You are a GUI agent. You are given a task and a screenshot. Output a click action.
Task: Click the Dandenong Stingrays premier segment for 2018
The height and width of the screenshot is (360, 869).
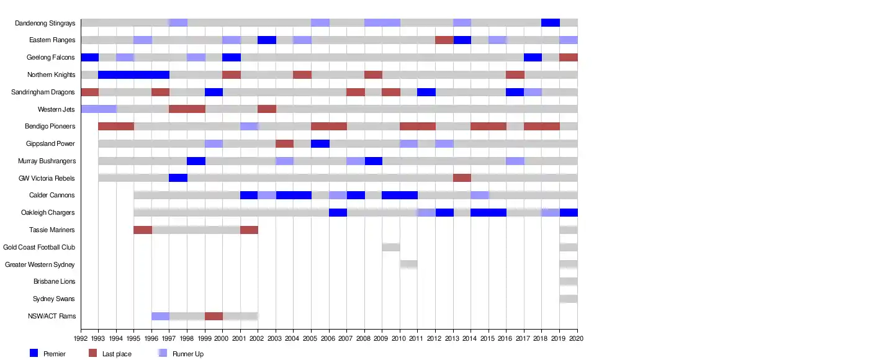click(550, 23)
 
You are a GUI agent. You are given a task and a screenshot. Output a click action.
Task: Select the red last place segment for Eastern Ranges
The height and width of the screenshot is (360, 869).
click(444, 40)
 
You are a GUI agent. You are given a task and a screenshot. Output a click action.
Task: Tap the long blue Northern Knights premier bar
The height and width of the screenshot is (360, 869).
click(133, 75)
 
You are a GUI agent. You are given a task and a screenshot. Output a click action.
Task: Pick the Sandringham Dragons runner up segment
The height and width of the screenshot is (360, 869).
click(533, 92)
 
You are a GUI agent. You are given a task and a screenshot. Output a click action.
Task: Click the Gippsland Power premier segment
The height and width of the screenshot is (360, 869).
click(320, 144)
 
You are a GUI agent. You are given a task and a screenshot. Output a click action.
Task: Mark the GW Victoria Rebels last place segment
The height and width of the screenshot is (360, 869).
click(462, 178)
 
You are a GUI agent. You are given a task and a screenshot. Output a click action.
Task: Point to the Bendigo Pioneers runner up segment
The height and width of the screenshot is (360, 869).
click(249, 127)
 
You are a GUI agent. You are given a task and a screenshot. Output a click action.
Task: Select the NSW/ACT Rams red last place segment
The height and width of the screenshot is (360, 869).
click(214, 316)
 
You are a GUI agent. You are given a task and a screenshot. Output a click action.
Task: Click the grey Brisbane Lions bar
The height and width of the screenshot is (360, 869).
click(568, 282)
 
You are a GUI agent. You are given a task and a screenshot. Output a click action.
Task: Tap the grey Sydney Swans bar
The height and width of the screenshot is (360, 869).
click(568, 299)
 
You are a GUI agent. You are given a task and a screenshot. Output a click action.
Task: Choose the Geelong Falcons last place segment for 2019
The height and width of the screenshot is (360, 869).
click(568, 58)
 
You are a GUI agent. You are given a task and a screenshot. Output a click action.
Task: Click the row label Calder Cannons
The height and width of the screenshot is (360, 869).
click(52, 196)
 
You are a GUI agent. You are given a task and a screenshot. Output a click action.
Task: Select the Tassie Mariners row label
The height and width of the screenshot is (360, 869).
click(52, 230)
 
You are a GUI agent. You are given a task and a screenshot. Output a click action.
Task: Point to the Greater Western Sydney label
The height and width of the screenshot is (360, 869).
click(40, 265)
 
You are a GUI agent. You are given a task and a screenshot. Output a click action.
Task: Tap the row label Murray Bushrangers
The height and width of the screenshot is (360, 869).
click(47, 161)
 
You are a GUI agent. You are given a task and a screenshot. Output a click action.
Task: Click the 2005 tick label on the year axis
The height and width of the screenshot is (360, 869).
click(311, 339)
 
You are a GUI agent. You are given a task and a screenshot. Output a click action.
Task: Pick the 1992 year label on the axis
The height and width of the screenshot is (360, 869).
click(81, 339)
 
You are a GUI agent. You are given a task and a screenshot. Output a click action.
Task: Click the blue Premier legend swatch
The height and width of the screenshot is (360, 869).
click(34, 353)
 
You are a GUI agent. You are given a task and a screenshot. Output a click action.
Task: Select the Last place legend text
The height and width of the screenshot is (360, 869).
click(117, 354)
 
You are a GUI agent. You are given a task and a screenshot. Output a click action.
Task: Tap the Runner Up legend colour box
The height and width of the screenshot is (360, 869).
click(163, 353)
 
